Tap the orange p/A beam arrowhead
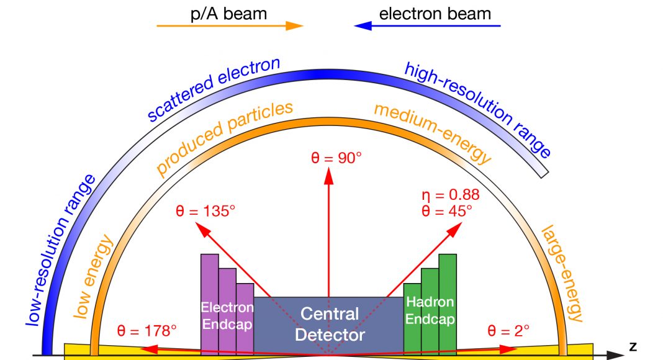click(x=294, y=26)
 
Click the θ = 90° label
click(x=336, y=158)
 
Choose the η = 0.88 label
click(x=450, y=195)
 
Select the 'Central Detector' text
click(x=329, y=324)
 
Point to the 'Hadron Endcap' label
click(x=430, y=310)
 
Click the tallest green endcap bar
click(x=448, y=298)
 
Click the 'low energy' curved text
click(x=92, y=277)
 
